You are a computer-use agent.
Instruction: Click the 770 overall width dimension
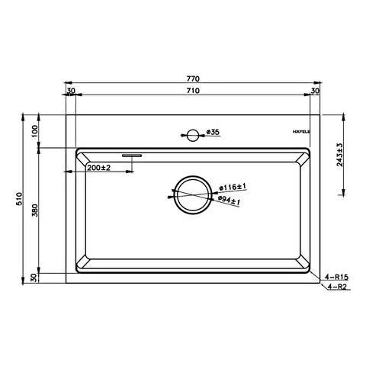[x=194, y=79]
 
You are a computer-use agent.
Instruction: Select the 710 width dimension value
[x=194, y=90]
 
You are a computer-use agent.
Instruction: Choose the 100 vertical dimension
[x=35, y=131]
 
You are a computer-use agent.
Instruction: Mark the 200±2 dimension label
[x=100, y=167]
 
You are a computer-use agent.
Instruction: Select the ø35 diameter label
[x=213, y=133]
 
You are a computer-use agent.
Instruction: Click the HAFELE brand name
[x=303, y=133]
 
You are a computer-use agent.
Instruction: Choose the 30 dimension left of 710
[x=71, y=90]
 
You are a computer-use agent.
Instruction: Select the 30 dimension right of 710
[x=316, y=90]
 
